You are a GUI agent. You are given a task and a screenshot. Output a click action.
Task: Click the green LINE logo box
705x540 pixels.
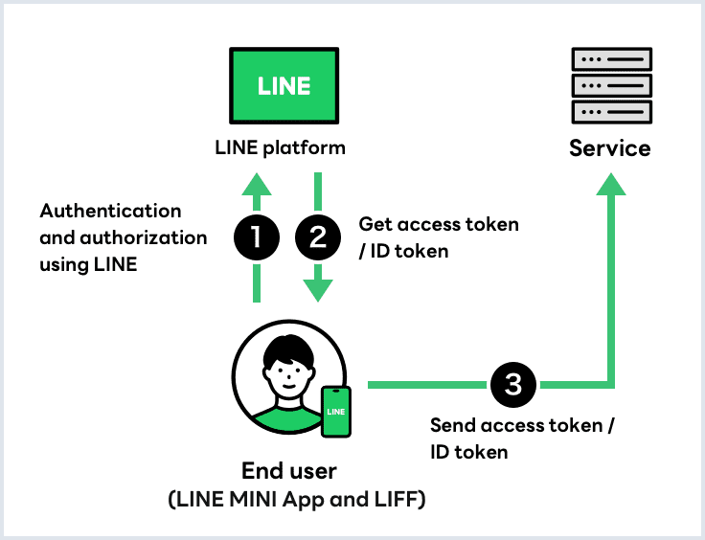click(284, 85)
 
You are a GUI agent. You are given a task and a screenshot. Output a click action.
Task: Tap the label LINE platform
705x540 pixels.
click(279, 148)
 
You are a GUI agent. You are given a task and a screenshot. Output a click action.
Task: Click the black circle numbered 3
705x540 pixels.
click(513, 385)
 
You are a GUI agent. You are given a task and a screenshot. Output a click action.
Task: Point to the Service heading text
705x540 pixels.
click(610, 148)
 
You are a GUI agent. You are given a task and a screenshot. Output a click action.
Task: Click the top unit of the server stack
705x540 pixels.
click(610, 59)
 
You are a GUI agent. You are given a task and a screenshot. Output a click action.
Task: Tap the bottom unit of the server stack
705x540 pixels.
click(610, 112)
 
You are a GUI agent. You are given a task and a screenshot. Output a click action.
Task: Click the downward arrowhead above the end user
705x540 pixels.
click(320, 291)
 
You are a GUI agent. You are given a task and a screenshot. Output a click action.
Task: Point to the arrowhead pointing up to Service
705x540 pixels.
click(610, 185)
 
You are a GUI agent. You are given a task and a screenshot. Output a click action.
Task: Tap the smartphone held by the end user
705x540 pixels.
click(335, 412)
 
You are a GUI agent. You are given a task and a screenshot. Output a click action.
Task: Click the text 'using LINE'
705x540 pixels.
click(88, 264)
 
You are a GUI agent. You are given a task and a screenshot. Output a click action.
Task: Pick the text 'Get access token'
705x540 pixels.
click(439, 224)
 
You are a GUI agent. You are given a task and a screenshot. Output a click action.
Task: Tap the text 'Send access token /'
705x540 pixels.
click(522, 425)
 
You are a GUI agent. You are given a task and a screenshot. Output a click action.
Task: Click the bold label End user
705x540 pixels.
click(289, 471)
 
